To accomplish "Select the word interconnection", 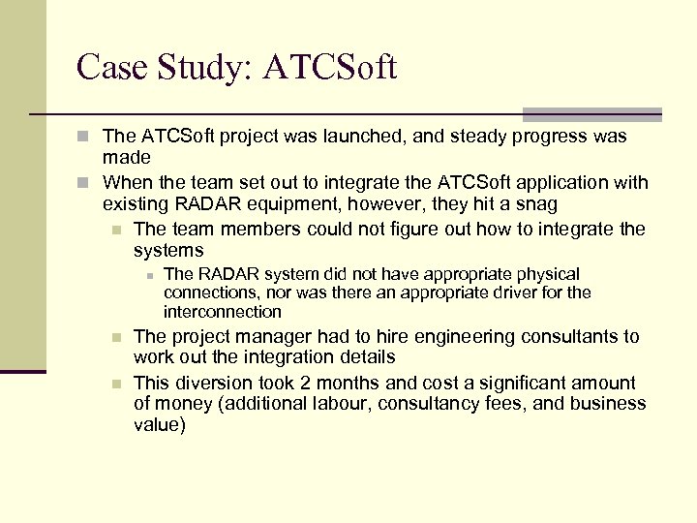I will coord(223,311).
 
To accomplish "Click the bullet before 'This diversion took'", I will coord(116,384).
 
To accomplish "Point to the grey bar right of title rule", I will coord(591,114).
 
